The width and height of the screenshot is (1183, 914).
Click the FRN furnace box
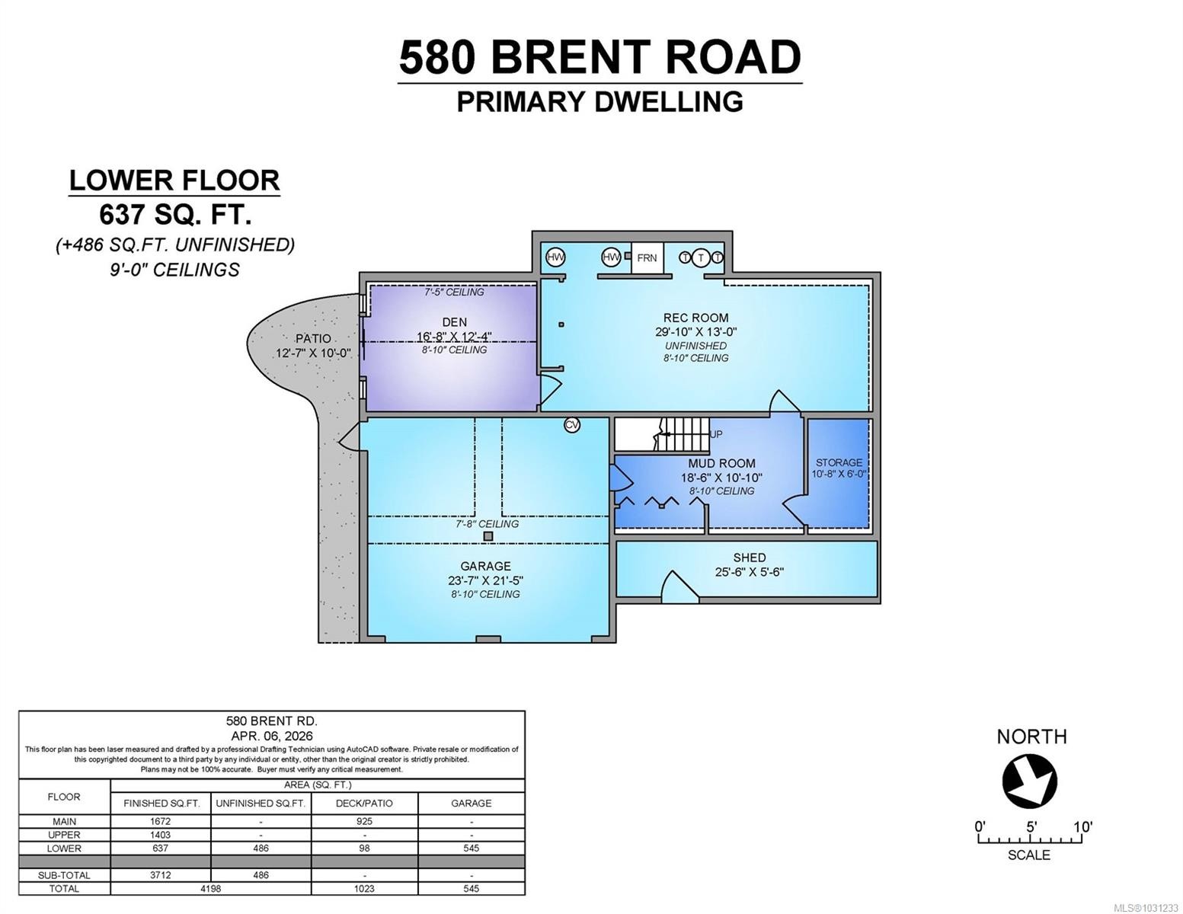click(x=647, y=258)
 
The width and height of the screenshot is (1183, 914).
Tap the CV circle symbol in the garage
click(x=572, y=425)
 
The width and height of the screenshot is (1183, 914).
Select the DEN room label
click(x=454, y=322)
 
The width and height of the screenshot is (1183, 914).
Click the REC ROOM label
click(x=695, y=318)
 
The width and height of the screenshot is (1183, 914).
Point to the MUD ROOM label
click(x=721, y=463)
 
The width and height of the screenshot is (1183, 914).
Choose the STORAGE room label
click(x=839, y=462)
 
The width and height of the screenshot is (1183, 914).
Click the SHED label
click(x=749, y=558)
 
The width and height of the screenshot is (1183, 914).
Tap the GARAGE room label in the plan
click(x=485, y=566)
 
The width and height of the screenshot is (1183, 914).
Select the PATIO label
click(x=313, y=339)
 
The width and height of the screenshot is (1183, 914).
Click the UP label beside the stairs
click(x=716, y=434)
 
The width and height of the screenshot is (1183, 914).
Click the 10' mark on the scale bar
click(x=1082, y=827)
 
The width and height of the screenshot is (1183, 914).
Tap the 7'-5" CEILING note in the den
click(x=454, y=292)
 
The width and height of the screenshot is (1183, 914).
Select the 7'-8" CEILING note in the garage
click(x=487, y=524)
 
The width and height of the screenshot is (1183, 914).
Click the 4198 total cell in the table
click(x=210, y=889)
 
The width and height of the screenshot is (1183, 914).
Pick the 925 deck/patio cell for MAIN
click(x=364, y=821)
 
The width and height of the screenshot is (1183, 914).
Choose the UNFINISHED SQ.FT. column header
click(x=261, y=803)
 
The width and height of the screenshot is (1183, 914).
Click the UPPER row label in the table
click(x=64, y=835)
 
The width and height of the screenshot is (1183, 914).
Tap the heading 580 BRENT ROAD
click(x=599, y=57)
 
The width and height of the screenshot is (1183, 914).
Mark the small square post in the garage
click(x=488, y=536)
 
